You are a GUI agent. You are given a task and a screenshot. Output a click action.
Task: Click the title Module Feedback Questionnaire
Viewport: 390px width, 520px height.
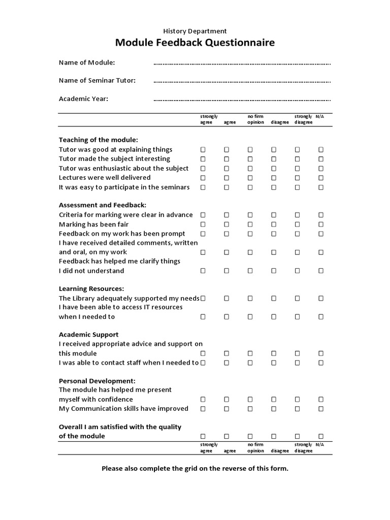point(195,43)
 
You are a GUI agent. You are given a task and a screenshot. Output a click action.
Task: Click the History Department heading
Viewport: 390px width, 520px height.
point(195,31)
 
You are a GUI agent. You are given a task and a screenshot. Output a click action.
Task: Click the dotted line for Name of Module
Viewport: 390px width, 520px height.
point(242,63)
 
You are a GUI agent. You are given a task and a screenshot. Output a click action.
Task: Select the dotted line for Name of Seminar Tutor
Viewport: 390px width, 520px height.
point(242,81)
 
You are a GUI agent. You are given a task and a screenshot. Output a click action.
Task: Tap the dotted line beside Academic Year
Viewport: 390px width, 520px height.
point(242,100)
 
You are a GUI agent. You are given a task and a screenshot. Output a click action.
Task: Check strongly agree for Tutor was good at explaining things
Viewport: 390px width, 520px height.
point(203,150)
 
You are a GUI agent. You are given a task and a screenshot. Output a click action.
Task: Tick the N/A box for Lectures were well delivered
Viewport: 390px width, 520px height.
point(321,178)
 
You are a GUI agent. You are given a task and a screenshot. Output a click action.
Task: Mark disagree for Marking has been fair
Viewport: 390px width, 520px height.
point(274,224)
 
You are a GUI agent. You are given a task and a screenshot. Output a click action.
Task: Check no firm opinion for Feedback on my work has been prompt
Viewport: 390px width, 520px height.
point(250,234)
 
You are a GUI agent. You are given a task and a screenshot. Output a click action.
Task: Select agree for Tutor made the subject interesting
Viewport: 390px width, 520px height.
point(226,159)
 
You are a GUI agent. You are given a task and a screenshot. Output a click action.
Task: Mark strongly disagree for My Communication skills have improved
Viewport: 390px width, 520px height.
point(298,409)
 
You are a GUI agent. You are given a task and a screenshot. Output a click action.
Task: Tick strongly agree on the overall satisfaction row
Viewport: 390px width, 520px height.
point(203,436)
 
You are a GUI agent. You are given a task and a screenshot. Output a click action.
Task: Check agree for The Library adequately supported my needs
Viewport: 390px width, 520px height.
point(226,299)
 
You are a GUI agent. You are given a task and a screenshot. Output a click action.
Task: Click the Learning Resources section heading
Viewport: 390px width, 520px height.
point(91,288)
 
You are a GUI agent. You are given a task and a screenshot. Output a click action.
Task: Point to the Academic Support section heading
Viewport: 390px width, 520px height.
point(89,335)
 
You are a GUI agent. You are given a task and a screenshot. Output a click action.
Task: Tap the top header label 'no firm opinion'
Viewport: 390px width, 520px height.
point(255,119)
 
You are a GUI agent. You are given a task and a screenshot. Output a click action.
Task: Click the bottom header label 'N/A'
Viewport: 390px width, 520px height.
point(319,444)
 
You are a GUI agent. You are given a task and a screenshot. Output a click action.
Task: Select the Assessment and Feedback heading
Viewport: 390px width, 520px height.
point(103,205)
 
